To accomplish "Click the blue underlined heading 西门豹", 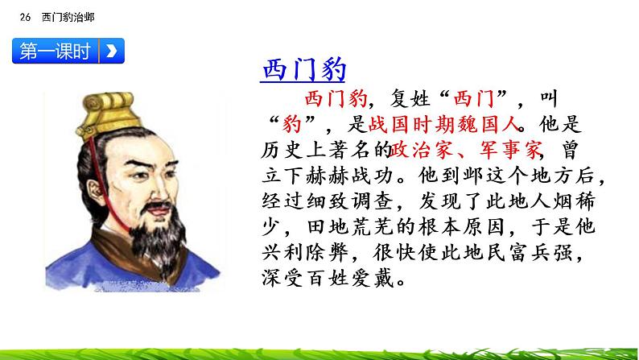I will coord(303,70).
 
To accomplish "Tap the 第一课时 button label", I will coord(55,52).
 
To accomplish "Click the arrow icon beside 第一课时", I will coord(111,52).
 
